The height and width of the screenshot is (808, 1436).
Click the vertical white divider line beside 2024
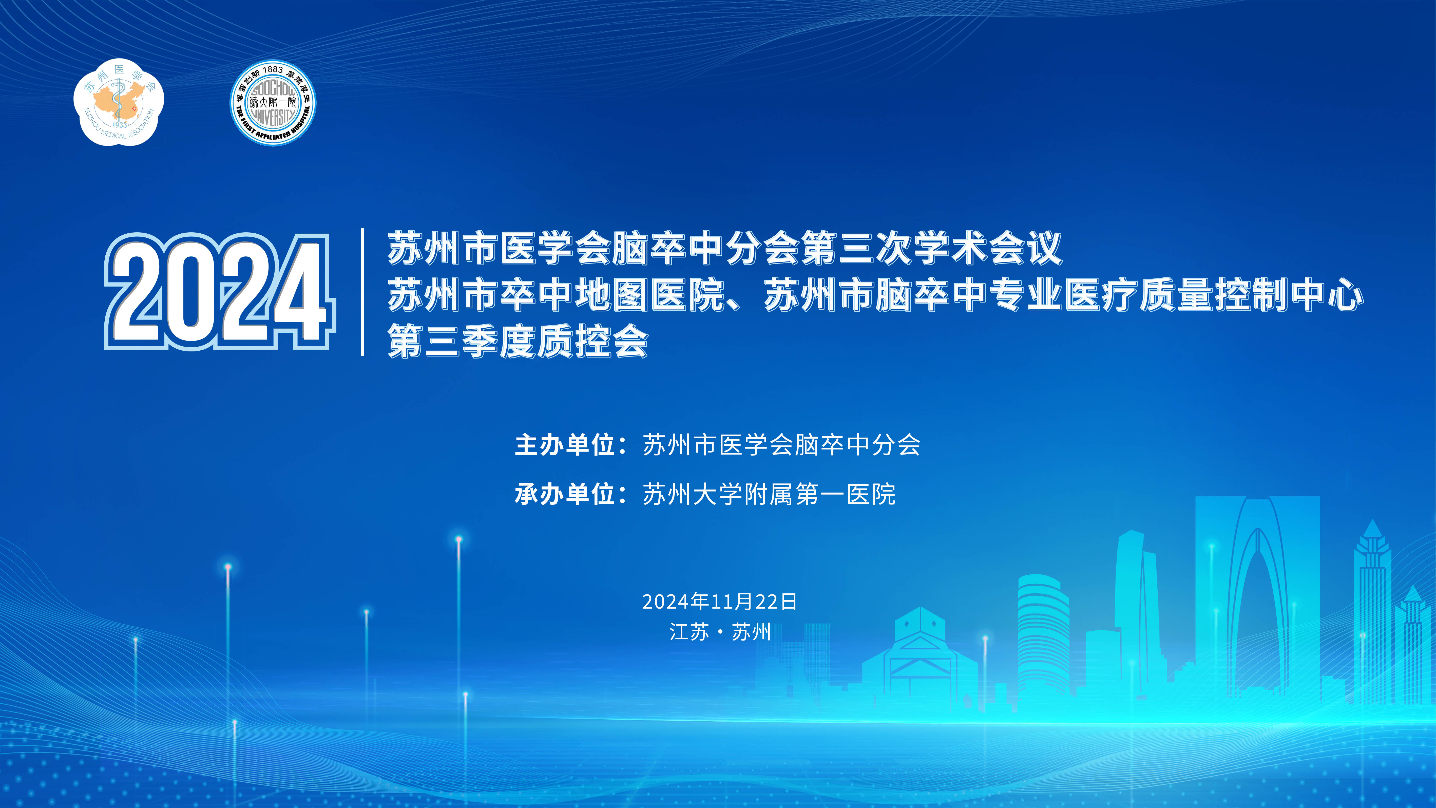[x=363, y=292]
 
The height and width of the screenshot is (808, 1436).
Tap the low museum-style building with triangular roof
[x=920, y=658]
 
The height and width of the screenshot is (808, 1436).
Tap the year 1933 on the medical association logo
[x=119, y=125]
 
